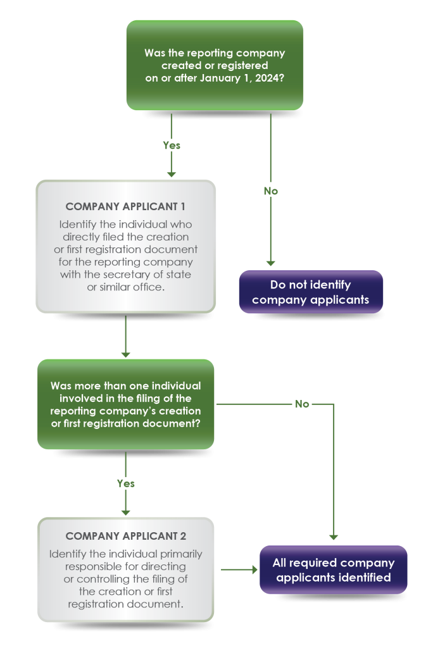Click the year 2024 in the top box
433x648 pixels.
271,77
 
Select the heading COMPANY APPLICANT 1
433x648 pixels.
125,206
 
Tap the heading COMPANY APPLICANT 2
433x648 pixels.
125,536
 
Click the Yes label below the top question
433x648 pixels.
172,145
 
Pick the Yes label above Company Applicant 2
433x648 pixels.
126,483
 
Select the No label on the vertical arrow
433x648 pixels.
270,190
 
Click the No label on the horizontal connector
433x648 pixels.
302,403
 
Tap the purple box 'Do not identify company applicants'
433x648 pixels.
310,292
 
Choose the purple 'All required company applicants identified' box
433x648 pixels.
333,570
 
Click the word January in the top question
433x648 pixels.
220,77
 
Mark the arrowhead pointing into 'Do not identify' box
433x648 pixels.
270,262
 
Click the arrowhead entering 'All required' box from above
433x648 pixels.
333,537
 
